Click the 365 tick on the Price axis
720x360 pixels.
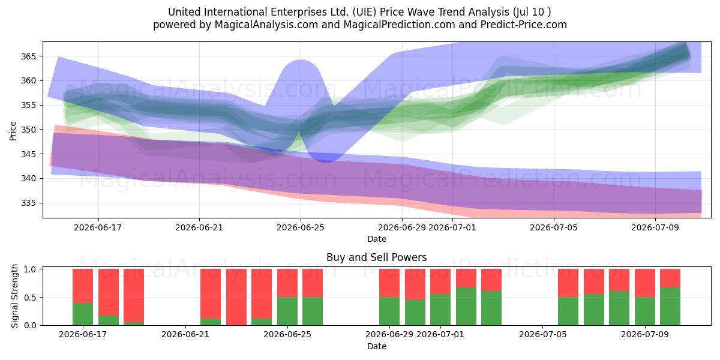(x=28, y=56)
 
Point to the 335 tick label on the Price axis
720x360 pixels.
(x=28, y=203)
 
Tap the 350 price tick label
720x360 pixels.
(x=28, y=130)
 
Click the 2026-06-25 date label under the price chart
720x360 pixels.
(x=301, y=227)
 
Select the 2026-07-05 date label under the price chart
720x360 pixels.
(x=554, y=227)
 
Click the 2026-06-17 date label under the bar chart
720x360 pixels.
(x=83, y=334)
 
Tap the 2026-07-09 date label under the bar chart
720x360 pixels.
(x=645, y=334)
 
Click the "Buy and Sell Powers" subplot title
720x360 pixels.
(x=377, y=257)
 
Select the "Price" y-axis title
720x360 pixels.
(x=13, y=131)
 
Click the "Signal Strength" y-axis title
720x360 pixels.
(x=14, y=296)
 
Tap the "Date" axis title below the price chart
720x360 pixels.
(x=377, y=239)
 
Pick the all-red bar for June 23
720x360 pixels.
(x=236, y=297)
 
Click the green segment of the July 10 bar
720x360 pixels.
(x=670, y=307)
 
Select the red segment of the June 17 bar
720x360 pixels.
(x=83, y=286)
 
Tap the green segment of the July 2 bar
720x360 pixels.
(x=466, y=307)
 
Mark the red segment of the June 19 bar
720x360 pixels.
(x=134, y=296)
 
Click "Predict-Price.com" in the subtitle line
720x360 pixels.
(x=524, y=25)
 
